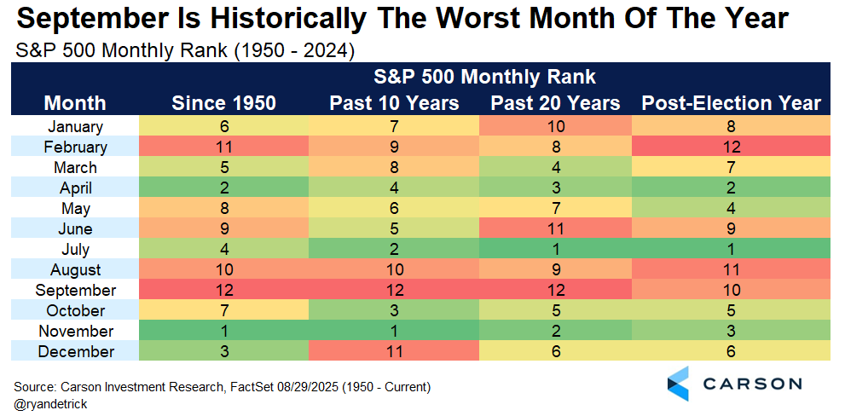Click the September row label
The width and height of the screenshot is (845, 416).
pos(75,291)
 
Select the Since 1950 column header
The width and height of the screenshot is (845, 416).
pos(223,103)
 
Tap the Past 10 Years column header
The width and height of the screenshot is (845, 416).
pos(394,103)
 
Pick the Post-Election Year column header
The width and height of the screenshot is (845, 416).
pos(732,103)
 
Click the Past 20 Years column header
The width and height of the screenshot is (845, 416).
pos(556,103)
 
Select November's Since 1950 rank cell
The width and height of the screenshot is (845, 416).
pos(223,331)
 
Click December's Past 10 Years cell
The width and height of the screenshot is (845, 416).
pos(394,351)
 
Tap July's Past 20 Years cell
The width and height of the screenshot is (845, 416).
pos(556,249)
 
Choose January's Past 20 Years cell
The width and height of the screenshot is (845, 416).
pos(556,126)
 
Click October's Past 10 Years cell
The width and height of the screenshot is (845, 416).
pos(394,310)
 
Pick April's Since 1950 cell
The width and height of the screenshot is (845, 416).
pos(223,188)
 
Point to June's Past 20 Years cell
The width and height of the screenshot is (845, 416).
pos(556,228)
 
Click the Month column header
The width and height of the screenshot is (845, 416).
pos(75,103)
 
